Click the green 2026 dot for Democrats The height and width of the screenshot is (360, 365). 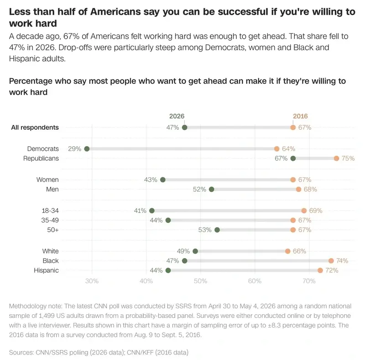[87, 149]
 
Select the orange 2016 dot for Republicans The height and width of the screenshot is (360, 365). [336, 159]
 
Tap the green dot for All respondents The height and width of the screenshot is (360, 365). [185, 127]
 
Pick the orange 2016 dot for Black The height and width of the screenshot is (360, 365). [331, 261]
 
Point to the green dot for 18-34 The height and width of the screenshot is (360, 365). [152, 211]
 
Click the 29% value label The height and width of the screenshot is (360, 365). [74, 149]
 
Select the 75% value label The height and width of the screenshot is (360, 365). [348, 159]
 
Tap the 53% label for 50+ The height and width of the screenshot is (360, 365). [205, 230]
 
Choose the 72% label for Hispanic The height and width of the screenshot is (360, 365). [332, 270]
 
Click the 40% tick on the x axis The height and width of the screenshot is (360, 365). [146, 281]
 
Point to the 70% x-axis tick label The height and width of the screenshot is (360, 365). [309, 281]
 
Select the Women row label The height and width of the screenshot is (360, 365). [47, 180]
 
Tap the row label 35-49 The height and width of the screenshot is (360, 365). [50, 220]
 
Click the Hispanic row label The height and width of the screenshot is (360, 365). [47, 270]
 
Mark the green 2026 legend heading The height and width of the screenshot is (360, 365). [177, 116]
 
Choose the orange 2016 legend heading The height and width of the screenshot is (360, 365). [300, 116]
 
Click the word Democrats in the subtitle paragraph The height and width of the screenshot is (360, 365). [225, 48]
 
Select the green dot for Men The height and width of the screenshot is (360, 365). [211, 189]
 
